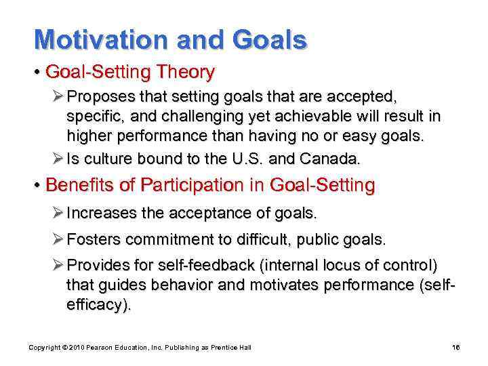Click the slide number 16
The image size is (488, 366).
point(455,348)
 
